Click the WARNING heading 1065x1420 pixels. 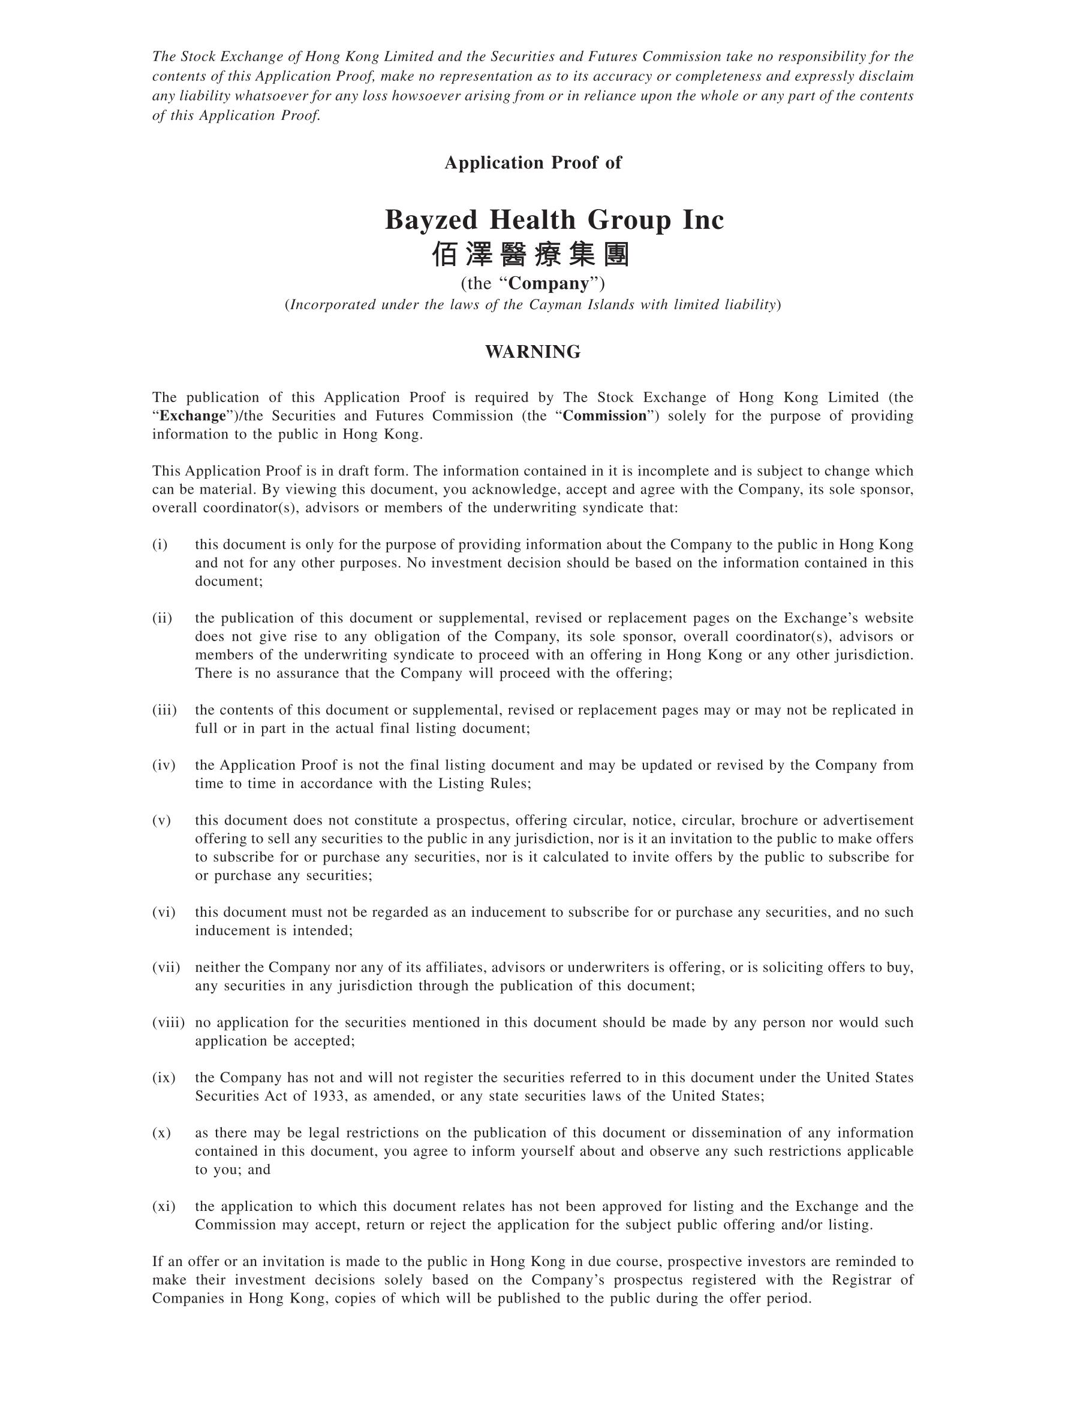coord(532,352)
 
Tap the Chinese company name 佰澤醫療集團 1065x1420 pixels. coord(531,255)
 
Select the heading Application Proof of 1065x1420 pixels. coord(532,163)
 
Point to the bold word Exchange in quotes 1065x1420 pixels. coord(192,416)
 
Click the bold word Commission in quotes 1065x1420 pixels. coord(604,416)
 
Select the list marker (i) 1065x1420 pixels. coord(160,545)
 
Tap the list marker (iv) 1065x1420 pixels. coord(164,765)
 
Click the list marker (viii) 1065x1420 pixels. coord(169,1023)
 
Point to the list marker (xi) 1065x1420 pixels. coord(164,1206)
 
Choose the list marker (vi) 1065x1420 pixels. coord(164,912)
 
